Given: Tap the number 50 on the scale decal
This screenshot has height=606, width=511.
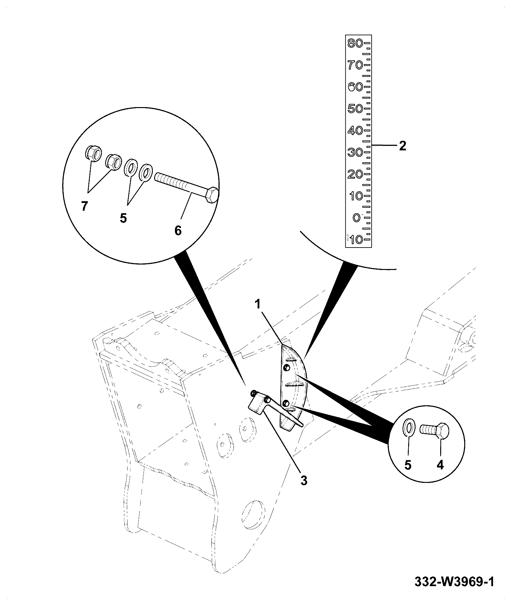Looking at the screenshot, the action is point(355,108).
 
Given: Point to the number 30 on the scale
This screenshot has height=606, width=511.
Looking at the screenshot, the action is point(355,152).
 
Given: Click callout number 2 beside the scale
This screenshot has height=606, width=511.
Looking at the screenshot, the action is point(402,146).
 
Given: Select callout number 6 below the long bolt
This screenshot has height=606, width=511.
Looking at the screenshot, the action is point(178,230).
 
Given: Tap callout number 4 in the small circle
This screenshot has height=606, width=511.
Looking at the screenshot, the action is point(440,465).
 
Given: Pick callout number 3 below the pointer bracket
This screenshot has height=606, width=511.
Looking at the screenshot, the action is point(304,480).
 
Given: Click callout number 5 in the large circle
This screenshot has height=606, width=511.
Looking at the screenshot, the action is point(123,218).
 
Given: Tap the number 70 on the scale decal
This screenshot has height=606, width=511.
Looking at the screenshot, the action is point(355,65).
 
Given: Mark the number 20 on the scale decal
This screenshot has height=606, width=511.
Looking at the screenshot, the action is point(355,174).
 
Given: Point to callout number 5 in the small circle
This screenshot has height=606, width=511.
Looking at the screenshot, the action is point(408,465).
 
